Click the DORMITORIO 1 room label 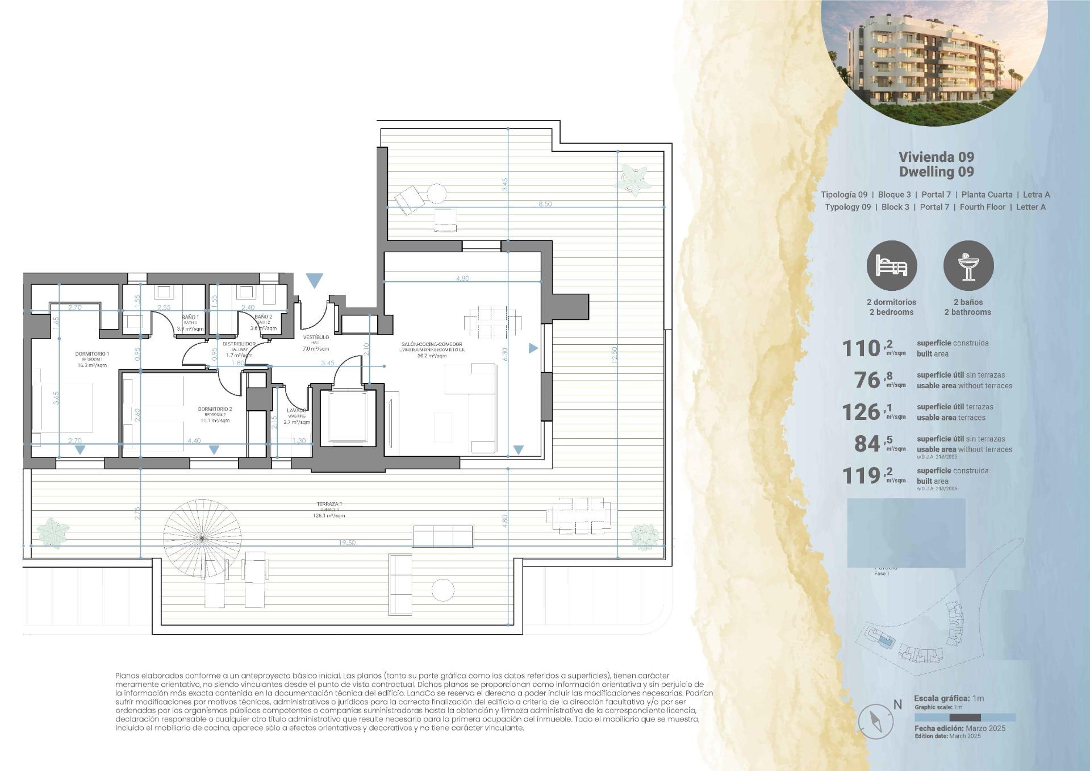(91, 354)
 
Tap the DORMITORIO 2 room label (215, 409)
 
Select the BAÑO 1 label (190, 317)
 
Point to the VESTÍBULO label (316, 337)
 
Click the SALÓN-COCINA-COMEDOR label (432, 344)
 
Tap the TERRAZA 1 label (329, 504)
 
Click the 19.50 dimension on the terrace (347, 543)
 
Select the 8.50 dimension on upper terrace (545, 204)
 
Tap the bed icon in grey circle (891, 266)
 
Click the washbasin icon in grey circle (968, 266)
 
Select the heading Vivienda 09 (936, 157)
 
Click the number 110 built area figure (861, 348)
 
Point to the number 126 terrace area (861, 412)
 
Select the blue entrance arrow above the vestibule (314, 280)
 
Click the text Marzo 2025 (985, 728)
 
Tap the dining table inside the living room (492, 322)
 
